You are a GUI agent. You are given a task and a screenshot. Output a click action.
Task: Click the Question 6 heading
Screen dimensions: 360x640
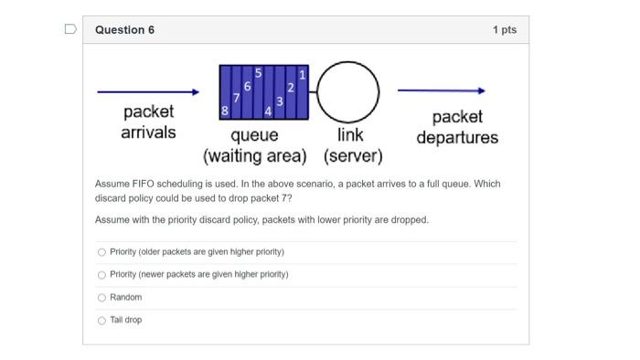124,30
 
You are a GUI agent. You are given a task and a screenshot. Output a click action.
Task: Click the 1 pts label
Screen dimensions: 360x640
504,30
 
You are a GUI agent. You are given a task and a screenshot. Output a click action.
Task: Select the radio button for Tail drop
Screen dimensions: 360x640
101,320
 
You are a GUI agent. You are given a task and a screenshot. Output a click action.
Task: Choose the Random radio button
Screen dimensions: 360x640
101,297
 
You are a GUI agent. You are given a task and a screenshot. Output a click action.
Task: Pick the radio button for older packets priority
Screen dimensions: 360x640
101,251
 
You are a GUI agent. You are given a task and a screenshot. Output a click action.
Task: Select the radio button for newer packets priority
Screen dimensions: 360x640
101,274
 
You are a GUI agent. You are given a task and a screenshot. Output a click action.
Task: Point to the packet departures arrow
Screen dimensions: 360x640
441,90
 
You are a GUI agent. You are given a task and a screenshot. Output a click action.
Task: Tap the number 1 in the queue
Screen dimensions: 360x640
303,73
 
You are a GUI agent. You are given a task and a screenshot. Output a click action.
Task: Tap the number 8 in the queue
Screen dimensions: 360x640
225,111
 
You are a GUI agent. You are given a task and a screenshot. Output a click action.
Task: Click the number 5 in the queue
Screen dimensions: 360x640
258,71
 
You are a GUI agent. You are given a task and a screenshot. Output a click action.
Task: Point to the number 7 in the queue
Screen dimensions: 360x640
237,96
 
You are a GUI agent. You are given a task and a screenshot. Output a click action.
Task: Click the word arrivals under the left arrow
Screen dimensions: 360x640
148,132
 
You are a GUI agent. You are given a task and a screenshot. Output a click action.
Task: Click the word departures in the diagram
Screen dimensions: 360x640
457,137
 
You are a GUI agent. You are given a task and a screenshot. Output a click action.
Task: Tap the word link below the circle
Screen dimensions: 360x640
350,135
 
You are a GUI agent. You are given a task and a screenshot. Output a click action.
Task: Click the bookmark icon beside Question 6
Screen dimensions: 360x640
70,29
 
